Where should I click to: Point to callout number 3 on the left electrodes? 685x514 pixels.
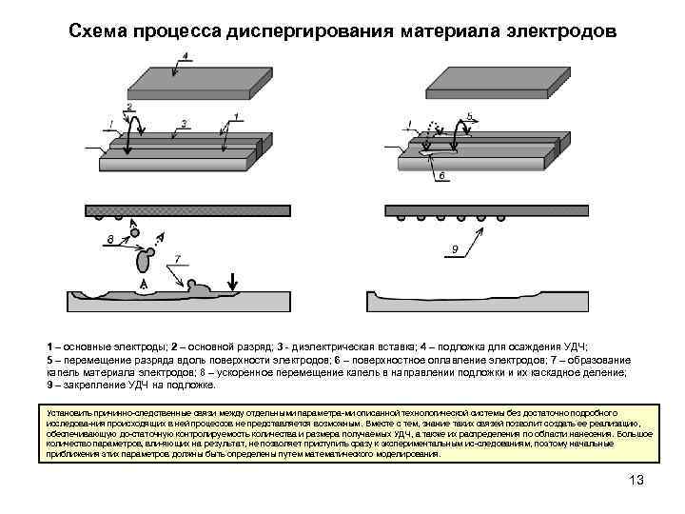(184, 123)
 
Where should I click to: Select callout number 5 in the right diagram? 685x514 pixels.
(469, 116)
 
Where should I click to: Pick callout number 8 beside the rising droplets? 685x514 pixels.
(112, 237)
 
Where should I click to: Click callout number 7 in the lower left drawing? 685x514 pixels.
(176, 259)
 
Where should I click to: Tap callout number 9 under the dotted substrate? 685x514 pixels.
(455, 249)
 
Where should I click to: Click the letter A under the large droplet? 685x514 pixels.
(144, 285)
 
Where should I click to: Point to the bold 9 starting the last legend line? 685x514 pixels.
(49, 385)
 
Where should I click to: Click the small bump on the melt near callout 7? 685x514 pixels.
(194, 285)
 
